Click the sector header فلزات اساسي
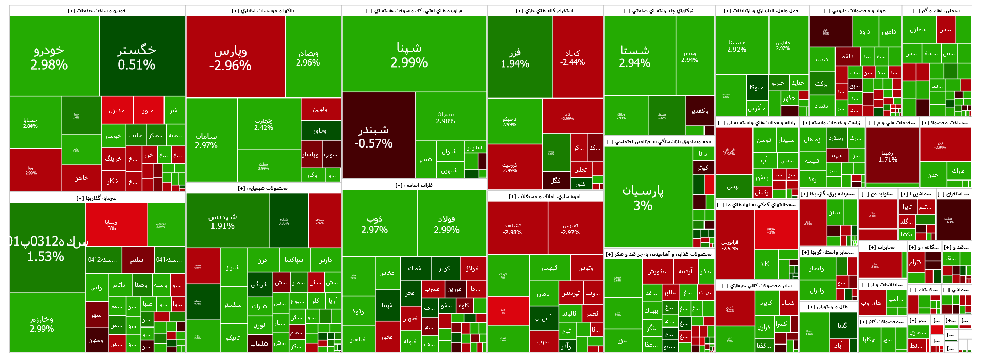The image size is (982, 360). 414,185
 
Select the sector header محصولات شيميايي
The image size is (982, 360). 263,188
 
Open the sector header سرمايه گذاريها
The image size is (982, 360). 96,198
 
